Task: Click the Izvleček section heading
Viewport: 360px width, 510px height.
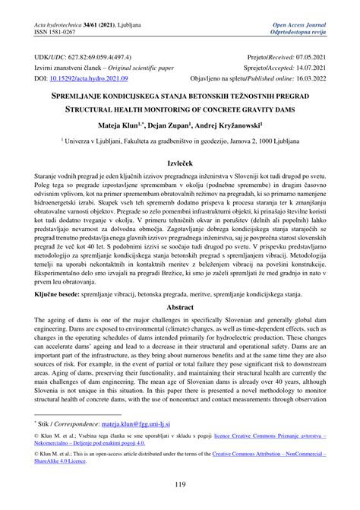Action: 179,161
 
